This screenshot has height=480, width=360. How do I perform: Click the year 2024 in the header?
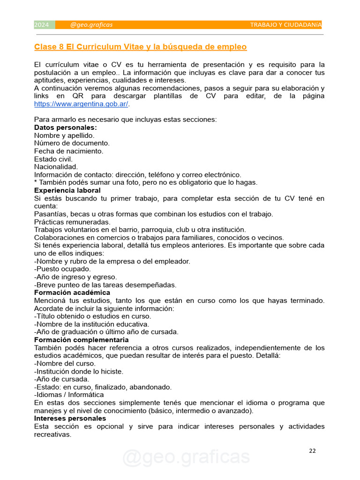tap(42, 25)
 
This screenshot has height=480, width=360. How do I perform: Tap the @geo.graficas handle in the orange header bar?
tap(91, 25)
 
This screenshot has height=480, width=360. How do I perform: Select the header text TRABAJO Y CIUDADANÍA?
tap(285, 25)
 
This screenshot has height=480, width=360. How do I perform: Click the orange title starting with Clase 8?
tap(140, 47)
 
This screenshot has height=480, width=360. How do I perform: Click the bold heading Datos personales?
tap(66, 127)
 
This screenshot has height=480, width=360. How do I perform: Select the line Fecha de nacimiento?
tap(68, 151)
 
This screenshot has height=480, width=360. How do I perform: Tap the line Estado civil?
tap(53, 159)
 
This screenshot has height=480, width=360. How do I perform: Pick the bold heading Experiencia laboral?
tap(67, 190)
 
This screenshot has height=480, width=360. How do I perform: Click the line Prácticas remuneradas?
tap(72, 222)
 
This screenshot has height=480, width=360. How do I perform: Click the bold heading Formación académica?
tap(72, 292)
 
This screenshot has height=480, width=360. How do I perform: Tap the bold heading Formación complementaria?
tap(81, 340)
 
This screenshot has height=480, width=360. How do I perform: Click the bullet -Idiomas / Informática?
tap(69, 395)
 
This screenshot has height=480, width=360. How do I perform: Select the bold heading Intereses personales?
tap(70, 418)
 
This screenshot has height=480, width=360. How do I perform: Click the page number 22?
tap(313, 451)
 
